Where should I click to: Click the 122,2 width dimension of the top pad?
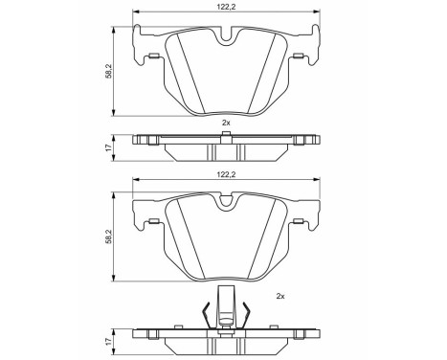click(x=226, y=7)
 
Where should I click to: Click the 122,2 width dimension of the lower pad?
click(x=226, y=174)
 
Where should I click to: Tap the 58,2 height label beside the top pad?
click(x=108, y=71)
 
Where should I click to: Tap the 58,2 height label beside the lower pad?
click(x=108, y=236)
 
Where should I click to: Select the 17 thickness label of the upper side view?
click(x=108, y=147)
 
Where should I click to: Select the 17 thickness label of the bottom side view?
click(x=108, y=341)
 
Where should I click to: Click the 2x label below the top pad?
click(x=226, y=123)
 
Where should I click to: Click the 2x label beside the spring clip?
click(x=280, y=297)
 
